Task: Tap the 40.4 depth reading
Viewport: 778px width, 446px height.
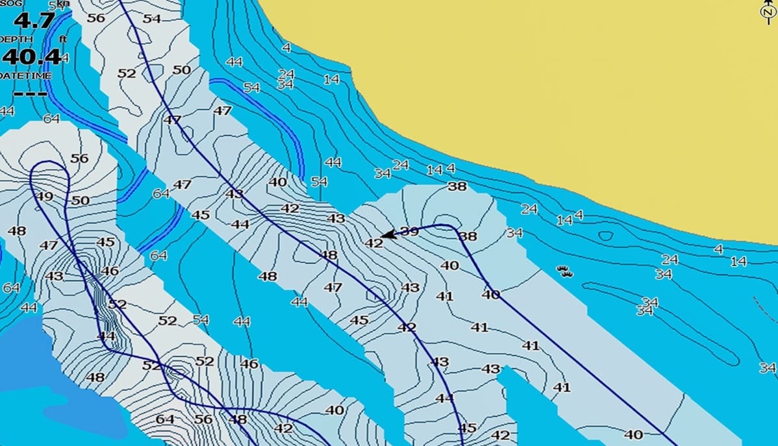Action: click(31, 56)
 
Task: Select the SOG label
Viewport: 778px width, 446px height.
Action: click(11, 4)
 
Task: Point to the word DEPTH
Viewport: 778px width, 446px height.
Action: click(16, 40)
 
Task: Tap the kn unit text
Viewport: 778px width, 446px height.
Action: click(62, 4)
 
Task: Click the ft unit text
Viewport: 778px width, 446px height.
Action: click(63, 40)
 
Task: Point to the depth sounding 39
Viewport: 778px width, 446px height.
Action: click(409, 231)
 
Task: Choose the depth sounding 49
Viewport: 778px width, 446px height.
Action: click(45, 197)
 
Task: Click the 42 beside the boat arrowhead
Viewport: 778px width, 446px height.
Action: click(373, 243)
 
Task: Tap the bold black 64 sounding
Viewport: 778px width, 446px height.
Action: click(165, 419)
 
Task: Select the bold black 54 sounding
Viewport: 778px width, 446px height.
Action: click(151, 19)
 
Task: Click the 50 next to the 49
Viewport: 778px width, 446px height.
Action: click(80, 201)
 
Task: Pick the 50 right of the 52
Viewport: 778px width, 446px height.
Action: click(182, 70)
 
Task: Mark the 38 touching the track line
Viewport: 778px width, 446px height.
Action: click(468, 237)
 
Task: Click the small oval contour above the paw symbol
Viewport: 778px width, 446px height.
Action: click(605, 236)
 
